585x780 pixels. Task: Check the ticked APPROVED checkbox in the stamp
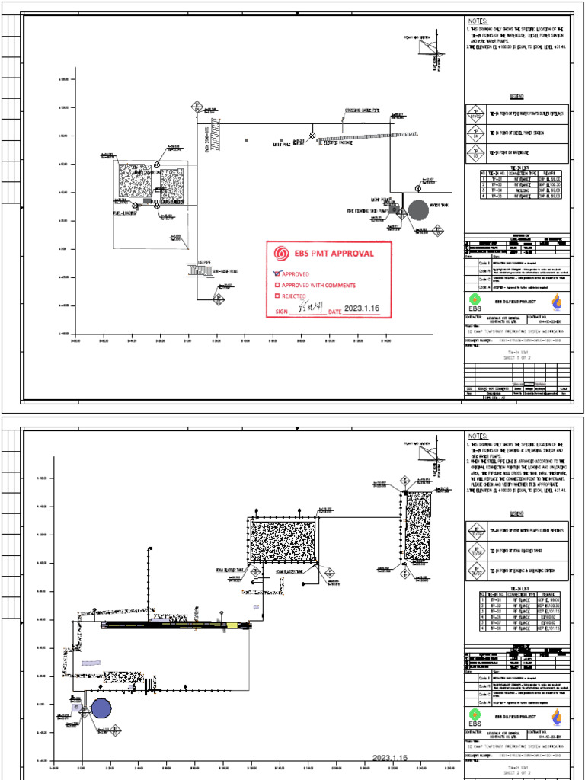[277, 273]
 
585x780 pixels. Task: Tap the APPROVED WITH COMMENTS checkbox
[277, 286]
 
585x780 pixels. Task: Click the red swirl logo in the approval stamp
[280, 254]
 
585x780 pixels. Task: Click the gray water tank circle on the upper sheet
[417, 210]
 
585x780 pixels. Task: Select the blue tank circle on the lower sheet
[101, 709]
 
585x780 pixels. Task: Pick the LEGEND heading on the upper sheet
[518, 97]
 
